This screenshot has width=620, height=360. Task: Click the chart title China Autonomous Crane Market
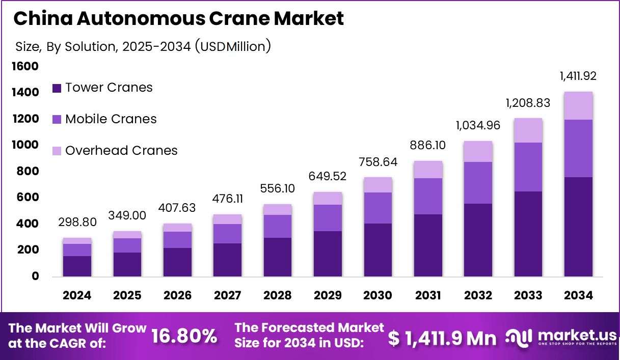[178, 18]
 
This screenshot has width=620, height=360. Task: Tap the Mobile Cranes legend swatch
[57, 120]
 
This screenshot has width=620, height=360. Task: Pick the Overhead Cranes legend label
[121, 151]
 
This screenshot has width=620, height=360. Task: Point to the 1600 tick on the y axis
[25, 66]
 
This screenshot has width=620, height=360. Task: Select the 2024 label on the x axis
[77, 295]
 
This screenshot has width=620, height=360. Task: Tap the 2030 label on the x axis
[378, 295]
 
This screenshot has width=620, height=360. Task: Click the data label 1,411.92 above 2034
[578, 76]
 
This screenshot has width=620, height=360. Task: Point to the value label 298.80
[77, 223]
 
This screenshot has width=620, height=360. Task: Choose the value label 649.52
[328, 176]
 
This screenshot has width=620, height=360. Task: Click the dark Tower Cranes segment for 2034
[578, 227]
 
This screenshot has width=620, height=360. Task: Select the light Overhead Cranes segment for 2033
[528, 130]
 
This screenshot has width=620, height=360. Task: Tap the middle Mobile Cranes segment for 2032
[478, 183]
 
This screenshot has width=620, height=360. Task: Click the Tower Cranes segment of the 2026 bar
[177, 262]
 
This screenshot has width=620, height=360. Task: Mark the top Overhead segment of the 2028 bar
[278, 210]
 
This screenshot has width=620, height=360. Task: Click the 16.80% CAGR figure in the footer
[184, 336]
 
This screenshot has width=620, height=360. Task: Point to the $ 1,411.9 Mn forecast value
[442, 338]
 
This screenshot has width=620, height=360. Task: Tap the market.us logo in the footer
[560, 337]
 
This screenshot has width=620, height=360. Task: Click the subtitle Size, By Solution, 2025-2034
[143, 46]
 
